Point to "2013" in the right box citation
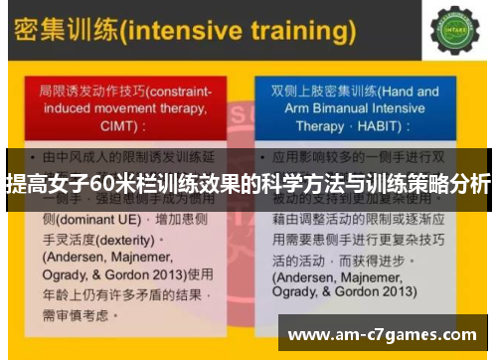tap(389, 293)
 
